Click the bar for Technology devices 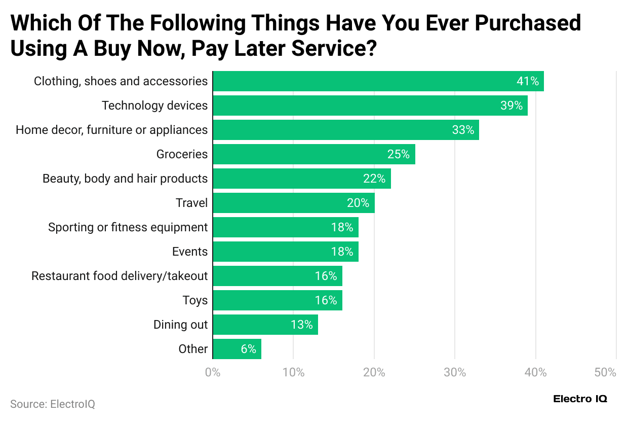370,106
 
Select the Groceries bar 314,154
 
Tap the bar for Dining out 265,325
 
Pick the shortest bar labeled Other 237,349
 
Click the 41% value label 527,81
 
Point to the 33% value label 463,130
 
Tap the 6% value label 248,349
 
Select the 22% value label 374,179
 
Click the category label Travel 191,203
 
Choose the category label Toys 195,300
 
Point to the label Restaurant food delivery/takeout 120,276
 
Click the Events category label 190,252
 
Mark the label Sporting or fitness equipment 128,227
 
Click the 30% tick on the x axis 455,372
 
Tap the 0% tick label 213,372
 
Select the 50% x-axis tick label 606,372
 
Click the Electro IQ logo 580,399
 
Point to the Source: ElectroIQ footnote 53,404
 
